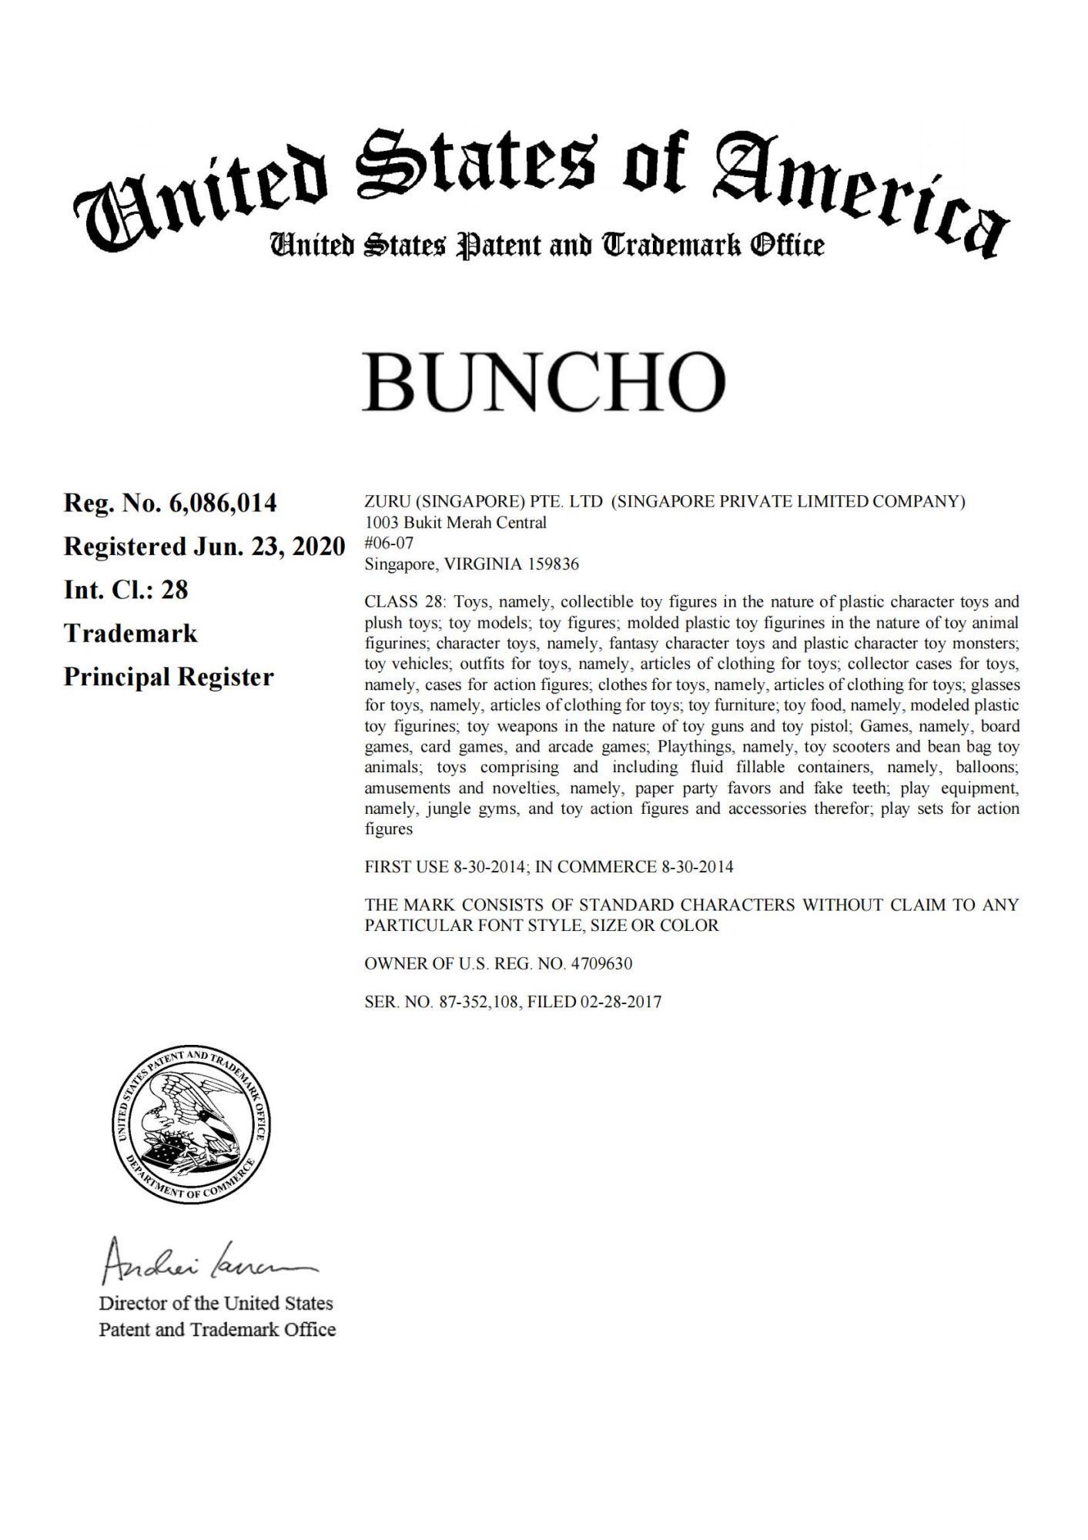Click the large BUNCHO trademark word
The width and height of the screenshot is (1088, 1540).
[544, 383]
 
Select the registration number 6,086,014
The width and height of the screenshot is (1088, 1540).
[223, 504]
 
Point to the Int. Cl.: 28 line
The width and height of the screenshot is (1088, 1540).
[126, 591]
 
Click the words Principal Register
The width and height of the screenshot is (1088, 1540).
[169, 678]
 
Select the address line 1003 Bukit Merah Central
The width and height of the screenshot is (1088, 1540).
[455, 523]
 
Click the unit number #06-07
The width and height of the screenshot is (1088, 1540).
[389, 544]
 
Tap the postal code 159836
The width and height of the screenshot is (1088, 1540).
[552, 564]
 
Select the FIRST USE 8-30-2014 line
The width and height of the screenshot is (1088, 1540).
[447, 867]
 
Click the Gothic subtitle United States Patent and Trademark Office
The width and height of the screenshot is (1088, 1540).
[547, 246]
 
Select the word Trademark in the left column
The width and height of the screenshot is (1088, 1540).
[130, 634]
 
